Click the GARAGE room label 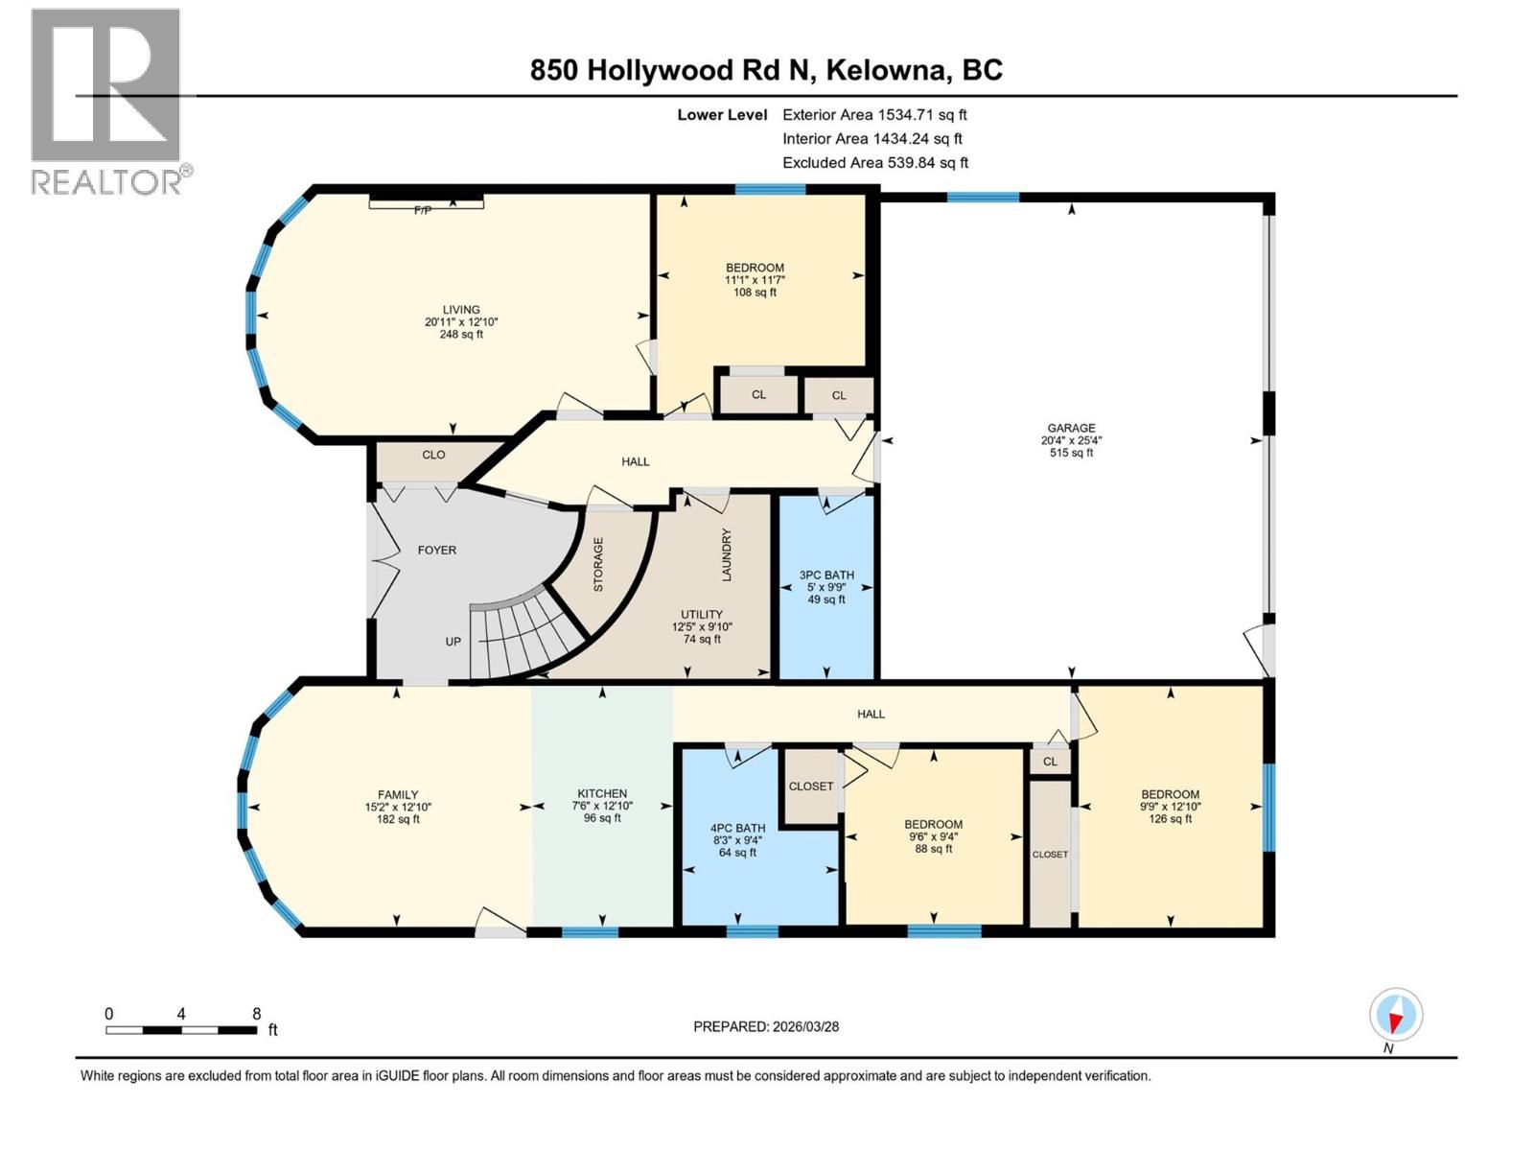1071,429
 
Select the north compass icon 1396,1015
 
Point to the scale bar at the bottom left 181,1029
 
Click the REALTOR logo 106,101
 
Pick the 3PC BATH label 826,575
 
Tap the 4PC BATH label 737,828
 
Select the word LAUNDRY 727,554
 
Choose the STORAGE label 598,563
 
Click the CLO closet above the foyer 433,455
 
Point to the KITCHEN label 602,793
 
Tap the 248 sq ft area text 461,335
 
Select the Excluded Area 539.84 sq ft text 875,163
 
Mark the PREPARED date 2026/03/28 766,1026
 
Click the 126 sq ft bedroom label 1170,819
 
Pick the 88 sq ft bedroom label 933,849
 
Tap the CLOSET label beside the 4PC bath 811,786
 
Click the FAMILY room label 398,794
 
